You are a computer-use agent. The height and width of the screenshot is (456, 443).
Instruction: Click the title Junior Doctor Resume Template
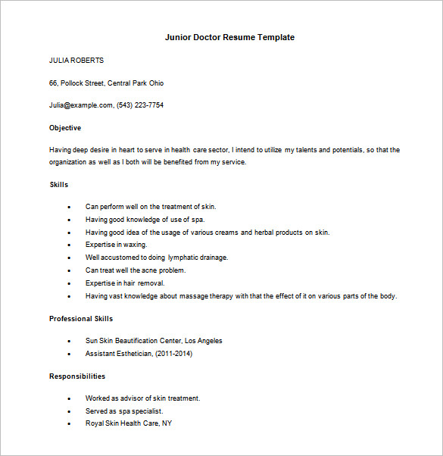click(x=229, y=37)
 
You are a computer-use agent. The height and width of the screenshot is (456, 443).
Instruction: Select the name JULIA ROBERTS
click(x=76, y=61)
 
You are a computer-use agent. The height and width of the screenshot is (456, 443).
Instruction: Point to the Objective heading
click(x=65, y=128)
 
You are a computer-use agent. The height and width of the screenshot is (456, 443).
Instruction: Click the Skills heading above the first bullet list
click(x=59, y=185)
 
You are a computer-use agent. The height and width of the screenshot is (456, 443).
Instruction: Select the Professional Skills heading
click(x=81, y=319)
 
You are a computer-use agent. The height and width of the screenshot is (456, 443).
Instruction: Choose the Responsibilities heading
click(x=77, y=376)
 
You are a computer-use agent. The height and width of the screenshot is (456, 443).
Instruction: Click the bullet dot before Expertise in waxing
click(x=69, y=245)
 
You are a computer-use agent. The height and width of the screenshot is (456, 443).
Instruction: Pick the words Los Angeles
click(x=204, y=341)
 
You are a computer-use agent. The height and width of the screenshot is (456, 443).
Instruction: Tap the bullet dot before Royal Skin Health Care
click(x=69, y=424)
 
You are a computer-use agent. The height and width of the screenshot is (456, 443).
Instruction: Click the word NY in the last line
click(x=167, y=423)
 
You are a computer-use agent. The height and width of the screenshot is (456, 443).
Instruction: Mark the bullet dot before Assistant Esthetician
click(x=69, y=354)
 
